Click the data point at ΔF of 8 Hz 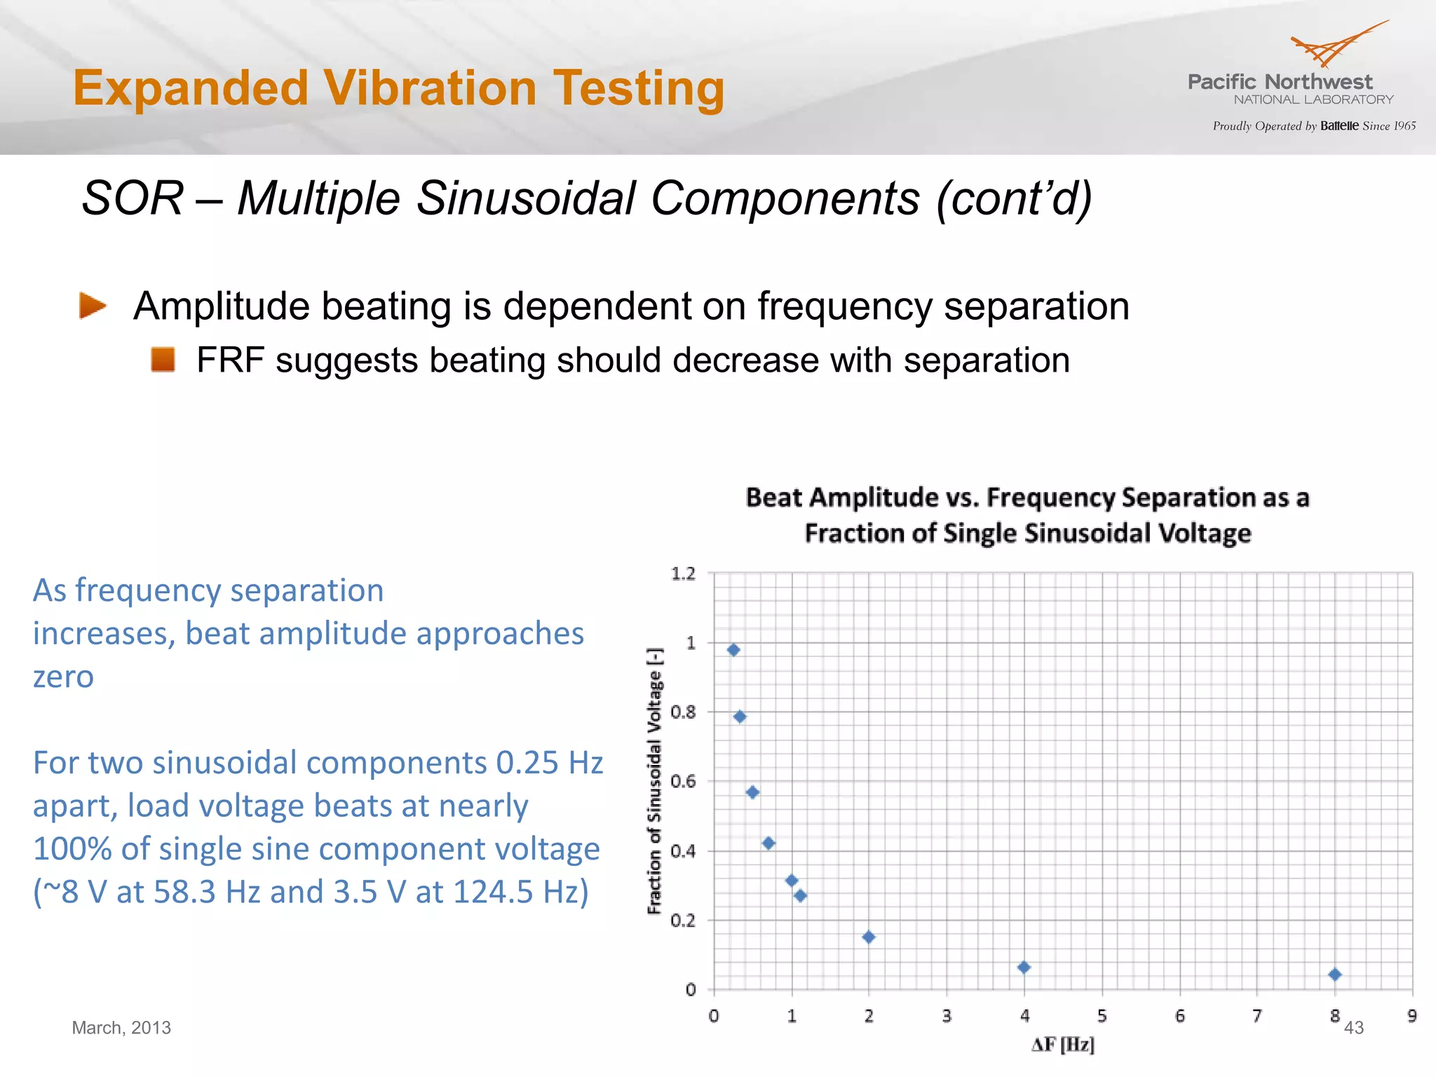click(x=1334, y=975)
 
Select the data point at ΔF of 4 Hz click(x=1024, y=968)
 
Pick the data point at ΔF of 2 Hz click(x=869, y=937)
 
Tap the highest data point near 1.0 click(x=733, y=650)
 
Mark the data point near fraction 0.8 click(x=740, y=717)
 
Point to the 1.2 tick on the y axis click(x=684, y=574)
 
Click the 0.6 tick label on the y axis click(x=684, y=781)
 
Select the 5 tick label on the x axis click(x=1102, y=1016)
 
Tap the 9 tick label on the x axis click(x=1411, y=1016)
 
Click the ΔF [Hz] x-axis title click(x=1063, y=1045)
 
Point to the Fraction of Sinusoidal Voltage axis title click(x=654, y=781)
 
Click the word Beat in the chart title click(x=773, y=498)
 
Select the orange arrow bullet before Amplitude click(x=93, y=306)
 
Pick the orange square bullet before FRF click(x=163, y=360)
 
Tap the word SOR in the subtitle click(x=133, y=198)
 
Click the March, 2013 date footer click(x=121, y=1028)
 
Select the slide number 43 click(x=1354, y=1028)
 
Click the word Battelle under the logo click(x=1339, y=126)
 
